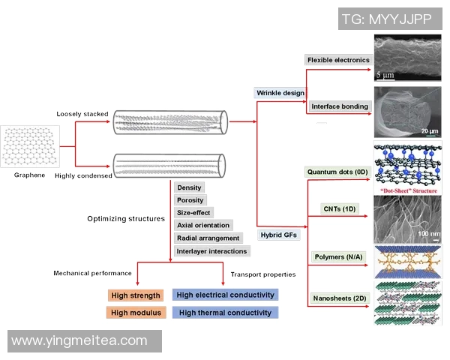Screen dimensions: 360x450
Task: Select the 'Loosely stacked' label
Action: tap(82, 114)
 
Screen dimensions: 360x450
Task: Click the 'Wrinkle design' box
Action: tap(280, 93)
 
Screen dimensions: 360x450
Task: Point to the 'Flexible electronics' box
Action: tap(338, 59)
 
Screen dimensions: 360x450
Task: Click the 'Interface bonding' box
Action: tap(339, 106)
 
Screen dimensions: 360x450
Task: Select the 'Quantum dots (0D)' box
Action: tap(337, 172)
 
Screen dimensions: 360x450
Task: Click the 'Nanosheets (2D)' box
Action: tap(338, 298)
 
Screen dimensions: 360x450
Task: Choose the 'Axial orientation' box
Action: tap(203, 225)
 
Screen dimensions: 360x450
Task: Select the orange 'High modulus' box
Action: tap(136, 313)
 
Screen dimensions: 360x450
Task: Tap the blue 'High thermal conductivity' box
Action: tap(225, 313)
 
